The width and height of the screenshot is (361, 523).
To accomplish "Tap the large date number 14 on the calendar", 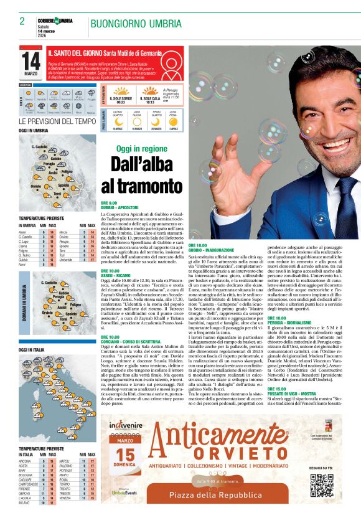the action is click(x=30, y=61).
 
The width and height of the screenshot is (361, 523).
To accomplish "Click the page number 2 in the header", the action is click(x=22, y=21).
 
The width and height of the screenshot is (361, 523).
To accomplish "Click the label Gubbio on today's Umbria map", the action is click(x=55, y=159).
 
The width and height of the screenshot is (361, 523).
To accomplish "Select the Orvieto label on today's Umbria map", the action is click(x=35, y=186).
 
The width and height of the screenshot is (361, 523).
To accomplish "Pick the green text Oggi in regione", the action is click(x=142, y=149).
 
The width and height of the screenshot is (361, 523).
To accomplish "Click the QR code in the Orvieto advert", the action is click(x=318, y=484).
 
